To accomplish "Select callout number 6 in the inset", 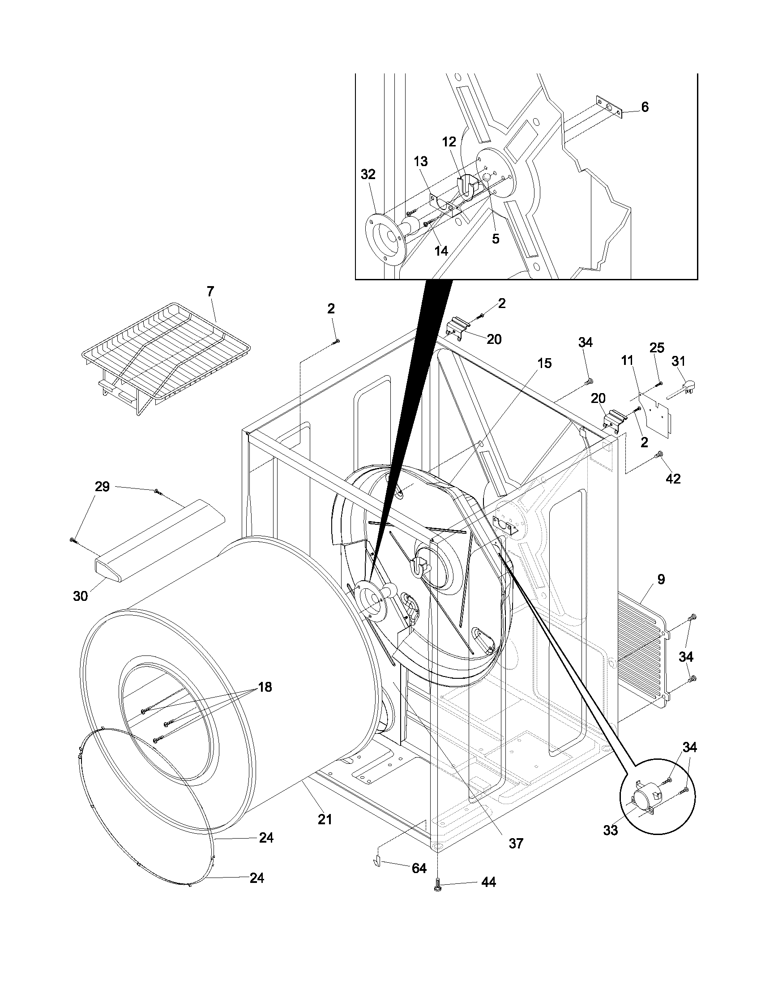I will (645, 107).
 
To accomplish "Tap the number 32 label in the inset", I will (368, 175).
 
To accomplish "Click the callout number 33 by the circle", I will (610, 830).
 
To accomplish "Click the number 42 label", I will (673, 479).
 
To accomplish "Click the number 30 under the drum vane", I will (80, 596).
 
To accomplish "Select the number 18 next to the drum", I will (265, 687).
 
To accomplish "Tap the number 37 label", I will (516, 843).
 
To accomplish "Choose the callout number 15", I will (545, 363).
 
